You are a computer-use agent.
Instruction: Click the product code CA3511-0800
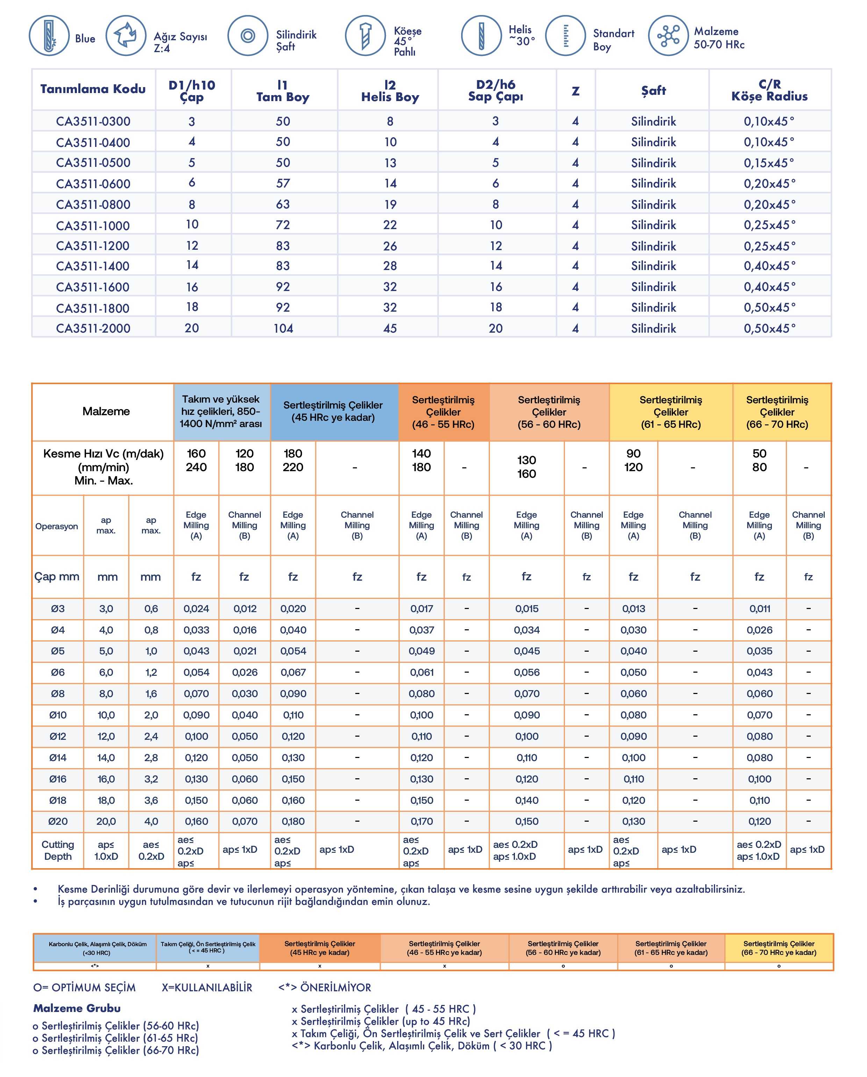click(x=93, y=204)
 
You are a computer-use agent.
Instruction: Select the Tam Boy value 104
click(x=283, y=328)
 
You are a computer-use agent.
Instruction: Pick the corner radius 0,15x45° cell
click(x=769, y=163)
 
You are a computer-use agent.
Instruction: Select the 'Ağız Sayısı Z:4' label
click(x=180, y=42)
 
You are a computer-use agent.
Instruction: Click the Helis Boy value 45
click(x=390, y=328)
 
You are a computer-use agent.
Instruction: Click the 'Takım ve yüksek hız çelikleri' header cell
click(x=221, y=411)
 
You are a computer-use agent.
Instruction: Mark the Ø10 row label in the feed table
click(x=58, y=715)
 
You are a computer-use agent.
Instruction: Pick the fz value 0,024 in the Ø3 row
click(x=196, y=609)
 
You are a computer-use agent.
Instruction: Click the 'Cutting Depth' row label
click(x=58, y=850)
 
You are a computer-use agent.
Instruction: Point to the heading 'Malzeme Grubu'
click(x=77, y=1008)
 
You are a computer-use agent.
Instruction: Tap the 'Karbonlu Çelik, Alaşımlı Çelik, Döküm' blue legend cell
click(x=98, y=948)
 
